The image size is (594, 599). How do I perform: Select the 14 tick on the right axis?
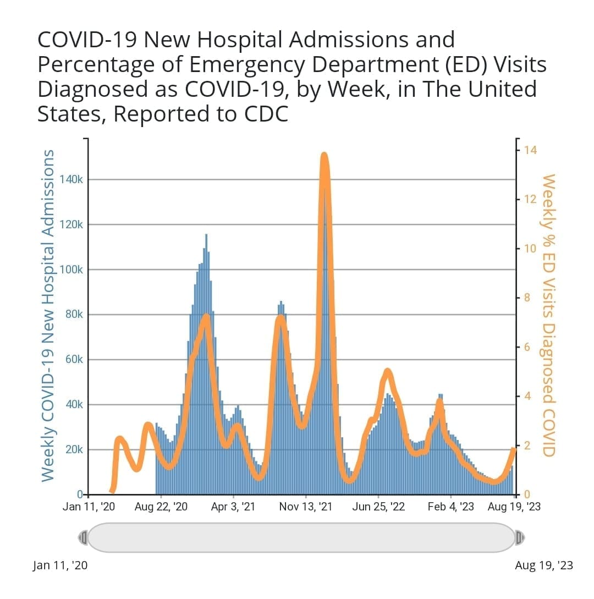[531, 150]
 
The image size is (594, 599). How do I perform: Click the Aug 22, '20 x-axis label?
[162, 507]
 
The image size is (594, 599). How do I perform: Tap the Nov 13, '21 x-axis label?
[306, 507]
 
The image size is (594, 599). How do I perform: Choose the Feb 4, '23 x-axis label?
[451, 507]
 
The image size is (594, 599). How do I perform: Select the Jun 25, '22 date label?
[378, 507]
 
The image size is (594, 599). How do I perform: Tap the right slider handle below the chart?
[519, 537]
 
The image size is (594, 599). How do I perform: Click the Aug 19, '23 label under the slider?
[544, 565]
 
